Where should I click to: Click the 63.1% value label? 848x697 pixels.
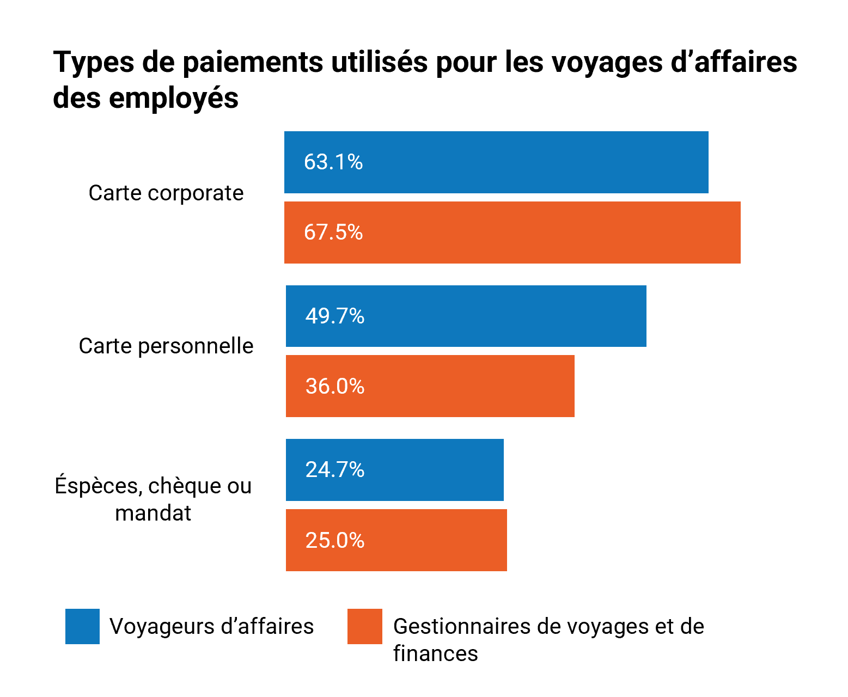(x=333, y=162)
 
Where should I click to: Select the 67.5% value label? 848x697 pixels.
(x=333, y=233)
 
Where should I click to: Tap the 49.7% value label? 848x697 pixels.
(x=334, y=316)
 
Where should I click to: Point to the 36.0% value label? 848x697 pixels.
(x=334, y=386)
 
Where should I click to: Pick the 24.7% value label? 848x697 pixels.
(x=334, y=469)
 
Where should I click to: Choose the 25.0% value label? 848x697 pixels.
(x=334, y=540)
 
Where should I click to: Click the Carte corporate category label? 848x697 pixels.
(x=166, y=193)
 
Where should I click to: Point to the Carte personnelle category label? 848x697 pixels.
(x=166, y=346)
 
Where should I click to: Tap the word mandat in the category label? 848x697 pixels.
(x=153, y=513)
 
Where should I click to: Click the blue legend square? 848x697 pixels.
(x=82, y=626)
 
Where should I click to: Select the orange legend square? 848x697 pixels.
(x=365, y=626)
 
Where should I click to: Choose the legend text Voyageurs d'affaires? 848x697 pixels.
(x=212, y=627)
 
